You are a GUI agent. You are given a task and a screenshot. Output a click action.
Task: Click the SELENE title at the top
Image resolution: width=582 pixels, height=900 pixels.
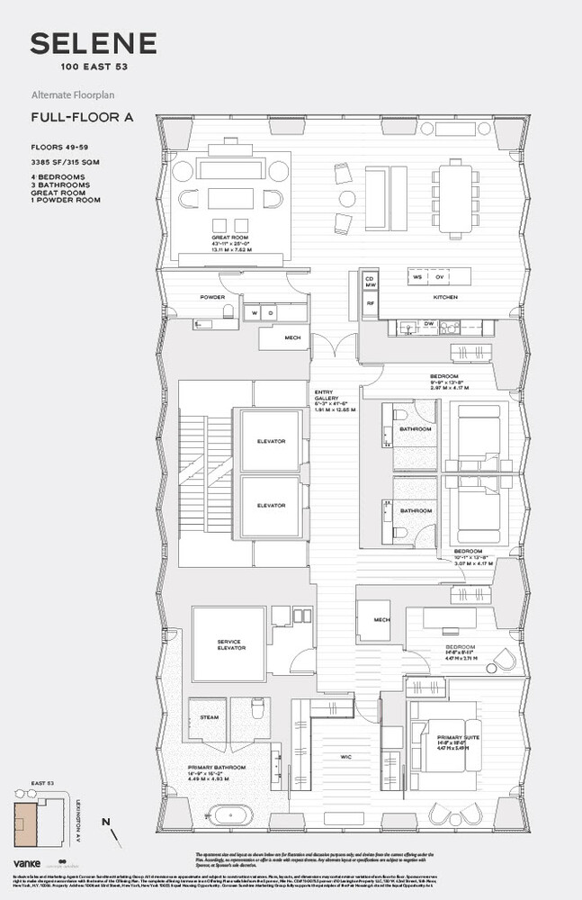pyautogui.click(x=94, y=44)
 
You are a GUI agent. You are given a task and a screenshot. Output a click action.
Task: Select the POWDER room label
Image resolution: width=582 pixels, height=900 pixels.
pyautogui.click(x=212, y=297)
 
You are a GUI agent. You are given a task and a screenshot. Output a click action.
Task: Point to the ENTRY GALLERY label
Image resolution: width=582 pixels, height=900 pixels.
pyautogui.click(x=325, y=396)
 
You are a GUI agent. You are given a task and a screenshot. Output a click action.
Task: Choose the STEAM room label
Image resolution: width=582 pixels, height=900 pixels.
pyautogui.click(x=208, y=717)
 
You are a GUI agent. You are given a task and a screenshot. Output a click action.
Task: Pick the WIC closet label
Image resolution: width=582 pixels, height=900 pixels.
pyautogui.click(x=345, y=756)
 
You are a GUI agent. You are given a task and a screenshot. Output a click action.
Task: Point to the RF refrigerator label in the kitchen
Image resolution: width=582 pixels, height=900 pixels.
pyautogui.click(x=370, y=304)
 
